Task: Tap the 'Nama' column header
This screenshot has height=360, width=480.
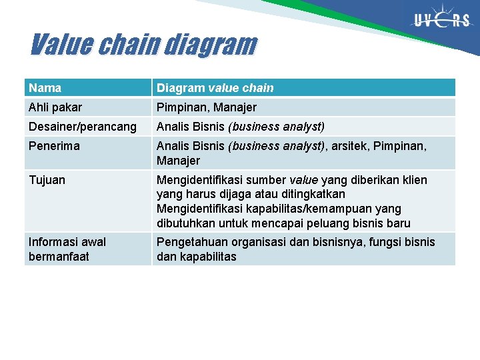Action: (x=45, y=88)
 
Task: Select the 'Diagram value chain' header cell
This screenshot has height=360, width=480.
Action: (x=215, y=88)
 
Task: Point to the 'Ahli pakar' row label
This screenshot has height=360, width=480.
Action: (x=55, y=107)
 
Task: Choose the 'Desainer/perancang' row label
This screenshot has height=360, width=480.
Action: (x=83, y=127)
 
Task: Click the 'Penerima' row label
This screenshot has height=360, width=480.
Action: (x=54, y=146)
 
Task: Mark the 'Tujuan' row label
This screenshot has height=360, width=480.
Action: (x=47, y=180)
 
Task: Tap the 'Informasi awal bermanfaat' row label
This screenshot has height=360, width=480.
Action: (x=67, y=249)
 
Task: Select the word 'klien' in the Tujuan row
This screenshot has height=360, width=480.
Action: (x=413, y=180)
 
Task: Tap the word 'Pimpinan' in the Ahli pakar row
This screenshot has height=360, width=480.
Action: (x=180, y=107)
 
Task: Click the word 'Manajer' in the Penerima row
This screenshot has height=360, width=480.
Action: (x=178, y=161)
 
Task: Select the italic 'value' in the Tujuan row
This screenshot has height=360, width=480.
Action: (x=303, y=180)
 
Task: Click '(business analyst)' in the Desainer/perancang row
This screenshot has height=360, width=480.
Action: (x=276, y=127)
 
